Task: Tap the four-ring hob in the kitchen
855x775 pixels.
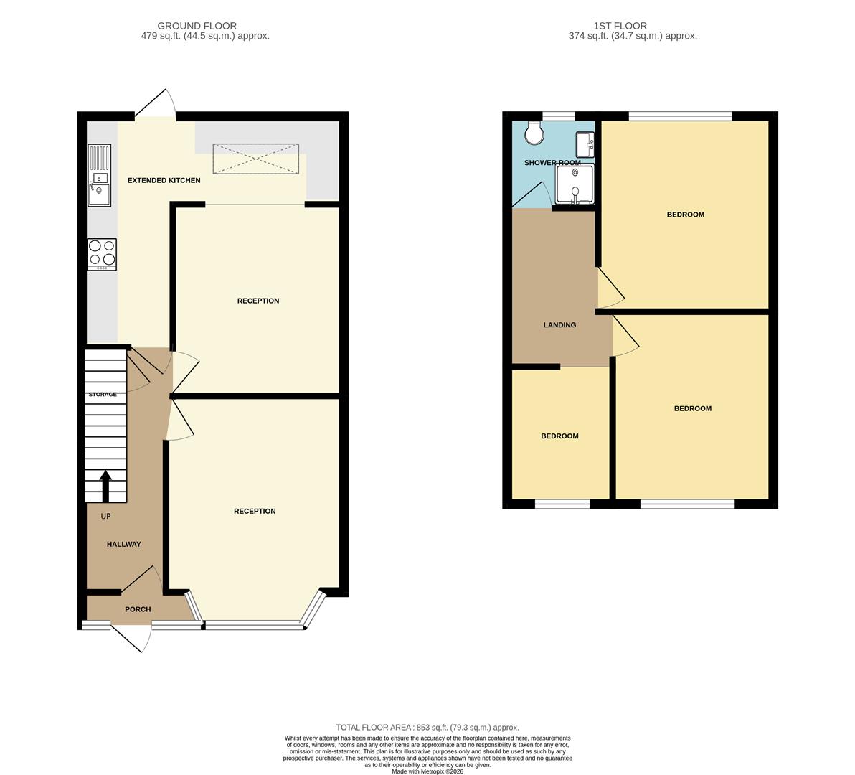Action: click(102, 253)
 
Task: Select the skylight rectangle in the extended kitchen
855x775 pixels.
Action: click(255, 158)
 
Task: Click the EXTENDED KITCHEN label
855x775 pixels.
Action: click(164, 180)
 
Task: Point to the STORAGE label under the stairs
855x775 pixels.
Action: click(103, 395)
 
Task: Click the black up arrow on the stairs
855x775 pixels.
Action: click(105, 485)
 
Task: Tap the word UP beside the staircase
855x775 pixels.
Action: click(105, 516)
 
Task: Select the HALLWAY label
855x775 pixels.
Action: click(124, 544)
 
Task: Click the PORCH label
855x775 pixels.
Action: click(138, 609)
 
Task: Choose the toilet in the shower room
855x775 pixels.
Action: click(534, 131)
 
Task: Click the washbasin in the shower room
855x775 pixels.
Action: click(585, 144)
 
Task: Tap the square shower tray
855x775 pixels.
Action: click(575, 184)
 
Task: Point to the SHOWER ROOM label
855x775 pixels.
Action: click(552, 163)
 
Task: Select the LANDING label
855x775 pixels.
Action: click(559, 325)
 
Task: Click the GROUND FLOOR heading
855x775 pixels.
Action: click(197, 26)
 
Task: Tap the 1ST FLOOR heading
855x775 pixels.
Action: click(610, 26)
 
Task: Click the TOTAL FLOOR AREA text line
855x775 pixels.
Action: click(427, 727)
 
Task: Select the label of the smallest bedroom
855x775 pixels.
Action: click(559, 436)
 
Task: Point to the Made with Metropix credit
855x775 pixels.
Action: click(427, 771)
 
